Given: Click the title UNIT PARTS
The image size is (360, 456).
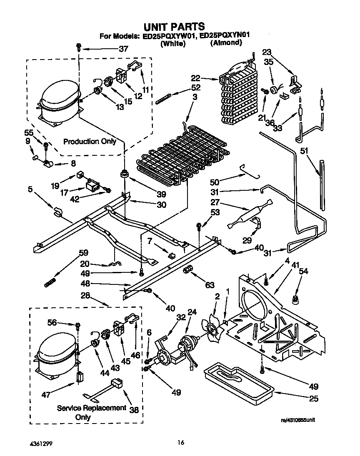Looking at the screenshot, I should pyautogui.click(x=174, y=27).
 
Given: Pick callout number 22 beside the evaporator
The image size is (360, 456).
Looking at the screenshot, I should pyautogui.click(x=207, y=77).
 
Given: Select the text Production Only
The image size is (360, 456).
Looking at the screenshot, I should pyautogui.click(x=90, y=142).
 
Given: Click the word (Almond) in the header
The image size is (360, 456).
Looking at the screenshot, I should pyautogui.click(x=225, y=43).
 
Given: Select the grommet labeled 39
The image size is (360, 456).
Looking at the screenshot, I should pyautogui.click(x=124, y=174).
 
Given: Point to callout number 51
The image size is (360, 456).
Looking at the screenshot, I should pyautogui.click(x=306, y=151).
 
